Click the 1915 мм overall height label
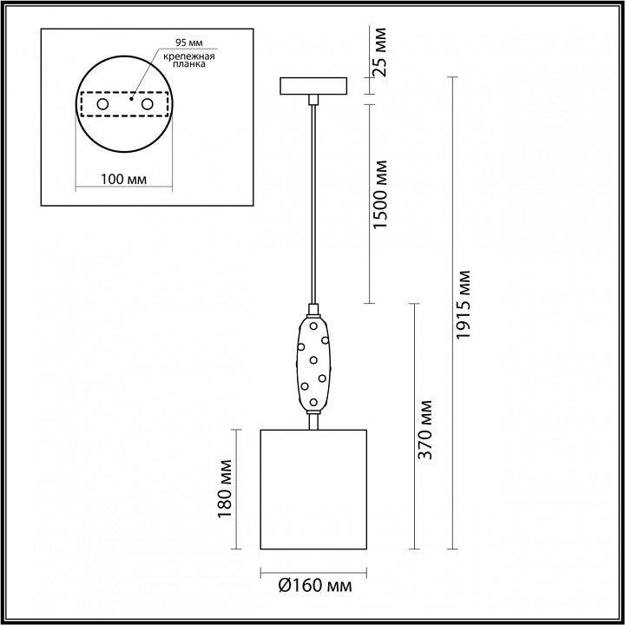tap(464, 305)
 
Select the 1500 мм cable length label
tap(380, 194)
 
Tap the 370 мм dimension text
tap(424, 430)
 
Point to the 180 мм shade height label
tap(225, 489)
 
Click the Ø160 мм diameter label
tap(315, 586)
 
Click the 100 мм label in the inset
tap(123, 180)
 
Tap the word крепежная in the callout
tap(189, 56)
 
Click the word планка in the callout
tap(189, 64)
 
